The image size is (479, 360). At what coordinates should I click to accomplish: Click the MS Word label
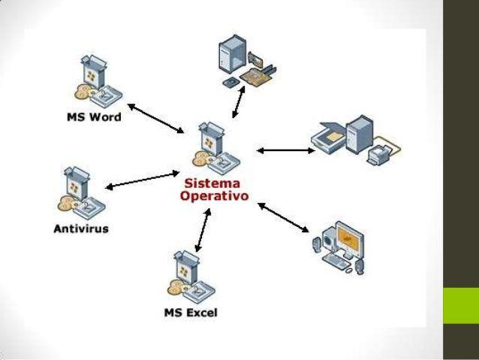(x=93, y=117)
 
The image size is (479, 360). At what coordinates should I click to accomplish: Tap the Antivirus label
(x=80, y=228)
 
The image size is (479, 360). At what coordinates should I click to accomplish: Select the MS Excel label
(x=190, y=312)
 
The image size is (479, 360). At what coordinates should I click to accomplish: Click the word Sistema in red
(x=207, y=183)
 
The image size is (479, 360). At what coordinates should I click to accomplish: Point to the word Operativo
(x=216, y=195)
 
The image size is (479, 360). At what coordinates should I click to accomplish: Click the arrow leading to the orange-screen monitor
(x=284, y=216)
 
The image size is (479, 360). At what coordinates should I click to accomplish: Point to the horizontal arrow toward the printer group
(x=285, y=150)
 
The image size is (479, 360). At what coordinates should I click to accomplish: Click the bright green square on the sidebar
(x=460, y=305)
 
